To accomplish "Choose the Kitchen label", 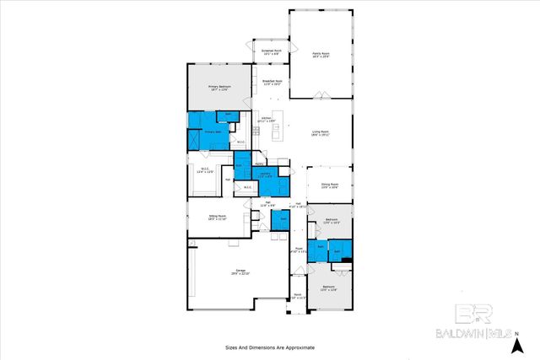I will click(x=267, y=119).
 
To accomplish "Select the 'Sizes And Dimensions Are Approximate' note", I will click(x=270, y=347).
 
